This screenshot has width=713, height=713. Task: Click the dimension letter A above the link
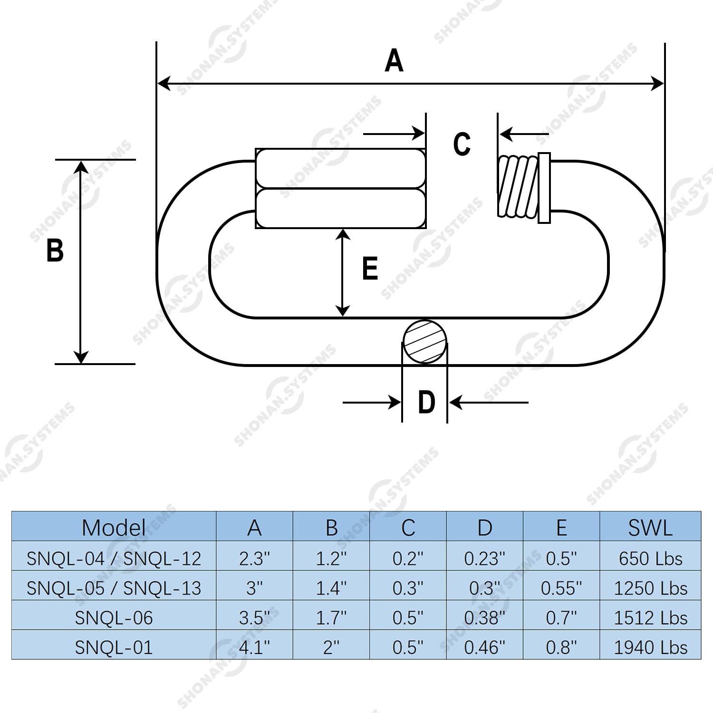point(394,61)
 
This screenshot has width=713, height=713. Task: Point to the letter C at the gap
point(462,144)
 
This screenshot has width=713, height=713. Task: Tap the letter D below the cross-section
point(426,402)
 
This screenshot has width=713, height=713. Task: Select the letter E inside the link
point(370,268)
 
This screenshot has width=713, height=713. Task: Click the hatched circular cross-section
point(425,342)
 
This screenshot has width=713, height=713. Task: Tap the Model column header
point(114,528)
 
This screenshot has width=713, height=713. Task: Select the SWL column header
point(650,528)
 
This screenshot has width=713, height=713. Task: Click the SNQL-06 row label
point(114,617)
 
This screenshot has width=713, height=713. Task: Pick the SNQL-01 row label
point(114,647)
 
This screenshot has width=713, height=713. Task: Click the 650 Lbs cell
point(650,559)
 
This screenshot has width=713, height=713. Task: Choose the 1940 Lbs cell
point(650,647)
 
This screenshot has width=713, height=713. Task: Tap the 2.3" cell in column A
point(254,559)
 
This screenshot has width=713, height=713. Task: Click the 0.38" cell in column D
point(484,617)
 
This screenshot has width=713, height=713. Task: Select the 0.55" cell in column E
point(561,588)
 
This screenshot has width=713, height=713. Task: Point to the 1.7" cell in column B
point(331,617)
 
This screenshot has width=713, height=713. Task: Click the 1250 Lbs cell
point(650,588)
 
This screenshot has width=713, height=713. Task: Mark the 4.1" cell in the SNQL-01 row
point(254,647)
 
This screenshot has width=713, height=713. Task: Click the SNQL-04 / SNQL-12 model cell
point(114,559)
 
